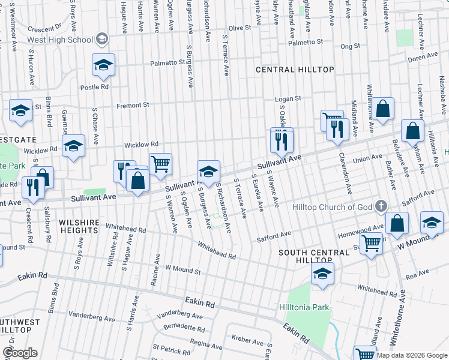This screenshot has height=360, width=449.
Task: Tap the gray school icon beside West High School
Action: click(x=102, y=39)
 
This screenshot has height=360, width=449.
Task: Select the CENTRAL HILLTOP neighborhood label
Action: click(x=295, y=70)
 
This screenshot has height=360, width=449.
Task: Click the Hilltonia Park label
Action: click(x=304, y=307)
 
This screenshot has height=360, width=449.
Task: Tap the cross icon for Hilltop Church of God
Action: click(x=381, y=206)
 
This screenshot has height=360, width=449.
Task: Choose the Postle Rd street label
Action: click(x=95, y=87)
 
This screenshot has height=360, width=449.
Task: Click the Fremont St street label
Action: click(x=133, y=105)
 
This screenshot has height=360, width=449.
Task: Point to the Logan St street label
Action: click(x=288, y=98)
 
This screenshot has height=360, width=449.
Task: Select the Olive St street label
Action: click(x=239, y=28)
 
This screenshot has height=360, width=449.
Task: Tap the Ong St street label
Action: click(x=350, y=46)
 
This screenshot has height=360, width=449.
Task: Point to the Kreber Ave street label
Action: click(x=247, y=341)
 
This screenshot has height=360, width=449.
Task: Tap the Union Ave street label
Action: click(x=367, y=159)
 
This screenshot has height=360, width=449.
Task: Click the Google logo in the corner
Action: click(x=20, y=353)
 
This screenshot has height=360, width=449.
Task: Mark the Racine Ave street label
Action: click(x=158, y=266)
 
